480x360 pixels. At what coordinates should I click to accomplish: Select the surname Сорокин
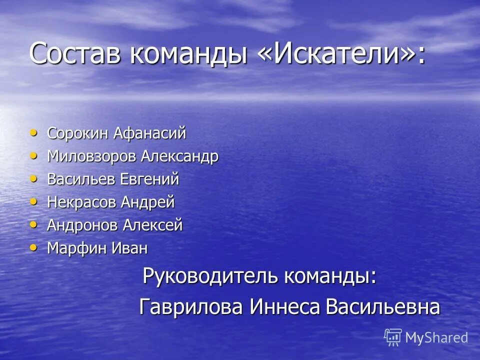click(x=78, y=133)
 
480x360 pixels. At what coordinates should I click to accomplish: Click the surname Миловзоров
click(x=91, y=156)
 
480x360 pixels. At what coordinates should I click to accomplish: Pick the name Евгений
click(x=149, y=179)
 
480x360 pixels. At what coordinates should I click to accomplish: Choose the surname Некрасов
click(x=82, y=202)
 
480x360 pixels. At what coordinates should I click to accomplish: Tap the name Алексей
click(x=159, y=225)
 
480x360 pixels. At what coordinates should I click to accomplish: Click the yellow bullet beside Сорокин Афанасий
click(x=33, y=132)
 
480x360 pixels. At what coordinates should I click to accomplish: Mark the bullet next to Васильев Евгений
click(x=33, y=178)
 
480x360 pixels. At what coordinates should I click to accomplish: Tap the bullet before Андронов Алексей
click(x=33, y=224)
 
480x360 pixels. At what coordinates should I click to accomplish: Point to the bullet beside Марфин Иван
click(x=33, y=247)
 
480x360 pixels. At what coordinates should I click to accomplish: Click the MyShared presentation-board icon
click(x=393, y=337)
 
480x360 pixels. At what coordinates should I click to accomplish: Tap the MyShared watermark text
click(x=436, y=338)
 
